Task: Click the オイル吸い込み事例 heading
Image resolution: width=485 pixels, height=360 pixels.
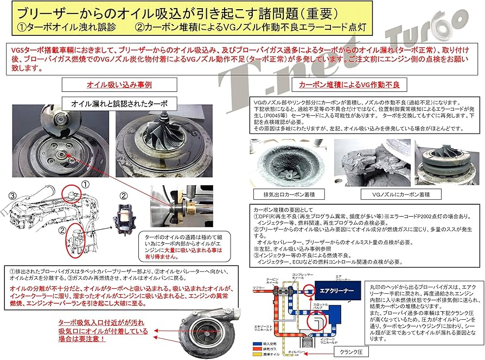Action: pos(112,85)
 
